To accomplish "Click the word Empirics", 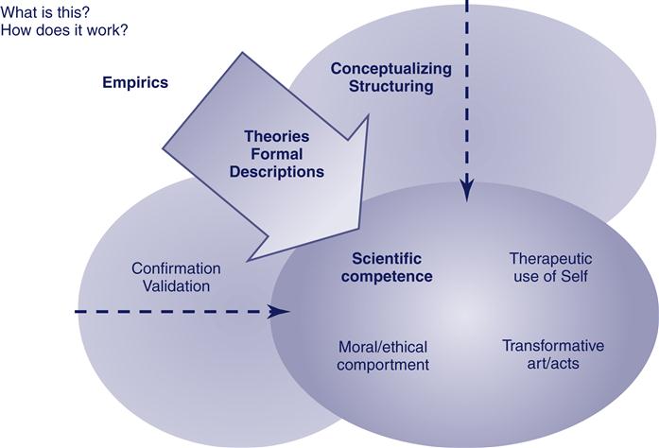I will tap(135, 82).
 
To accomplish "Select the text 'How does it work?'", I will tap(65, 30).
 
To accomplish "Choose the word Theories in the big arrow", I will tap(276, 137).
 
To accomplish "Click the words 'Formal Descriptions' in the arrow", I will tap(276, 164).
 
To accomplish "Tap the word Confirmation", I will tap(176, 268).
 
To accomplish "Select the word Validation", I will tap(176, 285).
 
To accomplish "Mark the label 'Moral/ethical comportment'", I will tap(384, 355).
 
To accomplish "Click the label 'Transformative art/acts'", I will tap(553, 354).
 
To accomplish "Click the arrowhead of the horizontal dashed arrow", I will tap(281, 311).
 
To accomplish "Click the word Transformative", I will tap(553, 346).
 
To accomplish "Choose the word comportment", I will tap(384, 364).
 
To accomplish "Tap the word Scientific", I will tap(387, 258).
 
